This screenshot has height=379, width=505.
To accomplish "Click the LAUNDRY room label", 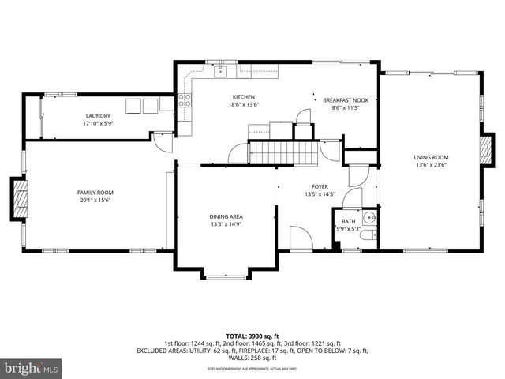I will coord(99,115).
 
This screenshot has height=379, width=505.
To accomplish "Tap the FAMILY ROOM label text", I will coord(95,193).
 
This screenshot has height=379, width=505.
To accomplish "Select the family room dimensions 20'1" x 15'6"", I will coord(95,201).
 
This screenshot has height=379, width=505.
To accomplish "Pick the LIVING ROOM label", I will coord(431,157).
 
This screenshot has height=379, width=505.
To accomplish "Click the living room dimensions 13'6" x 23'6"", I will coord(431,165).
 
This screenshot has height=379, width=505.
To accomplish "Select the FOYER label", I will coord(320,186).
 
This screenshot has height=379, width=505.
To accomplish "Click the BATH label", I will coord(348,222).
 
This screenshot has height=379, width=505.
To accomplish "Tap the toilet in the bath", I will coord(374,235).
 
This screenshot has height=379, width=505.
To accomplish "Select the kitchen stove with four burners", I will coord(184,100).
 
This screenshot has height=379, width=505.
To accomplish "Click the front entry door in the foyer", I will coord(301,238).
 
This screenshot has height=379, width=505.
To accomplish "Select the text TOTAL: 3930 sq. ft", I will coord(252,336).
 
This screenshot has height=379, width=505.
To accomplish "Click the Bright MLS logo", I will coord(32,368).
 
